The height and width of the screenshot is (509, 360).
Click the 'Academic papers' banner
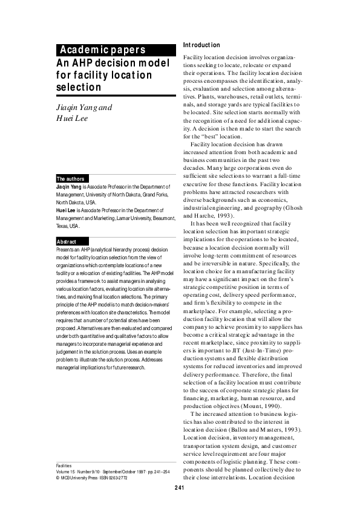click(x=102, y=50)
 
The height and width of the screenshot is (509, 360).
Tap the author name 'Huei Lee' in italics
click(x=73, y=118)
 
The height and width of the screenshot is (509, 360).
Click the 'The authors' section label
click(x=70, y=179)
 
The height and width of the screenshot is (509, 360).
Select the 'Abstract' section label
click(x=67, y=242)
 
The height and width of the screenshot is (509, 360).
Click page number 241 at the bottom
click(x=180, y=487)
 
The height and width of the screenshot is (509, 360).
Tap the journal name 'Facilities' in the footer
click(x=64, y=466)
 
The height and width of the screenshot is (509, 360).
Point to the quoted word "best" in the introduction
click(x=210, y=137)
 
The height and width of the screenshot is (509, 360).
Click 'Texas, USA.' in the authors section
click(x=67, y=226)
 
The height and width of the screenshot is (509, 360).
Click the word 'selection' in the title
click(x=78, y=88)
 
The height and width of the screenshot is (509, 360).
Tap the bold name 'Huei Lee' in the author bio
click(x=66, y=210)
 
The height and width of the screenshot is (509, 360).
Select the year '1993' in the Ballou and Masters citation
click(x=284, y=429)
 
